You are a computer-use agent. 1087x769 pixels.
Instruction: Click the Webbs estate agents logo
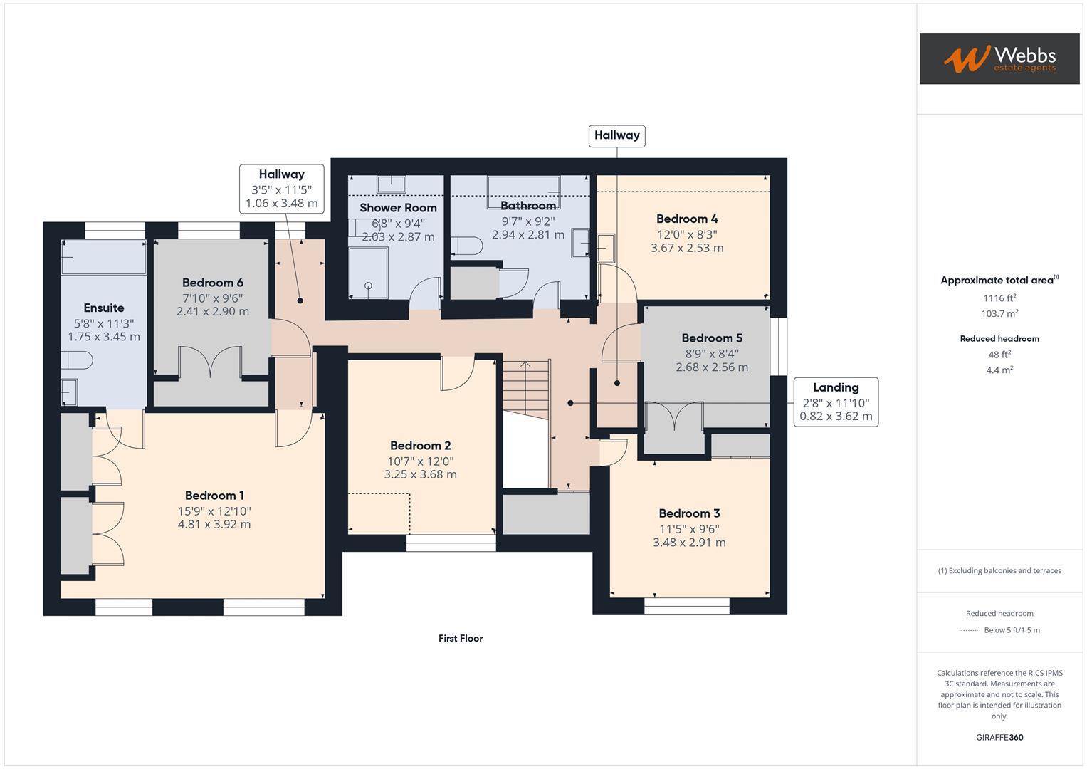999,58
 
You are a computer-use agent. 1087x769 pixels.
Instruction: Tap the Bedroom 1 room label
214,496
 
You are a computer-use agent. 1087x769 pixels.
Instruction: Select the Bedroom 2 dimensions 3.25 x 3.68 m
420,474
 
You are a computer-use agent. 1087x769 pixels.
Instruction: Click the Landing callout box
836,402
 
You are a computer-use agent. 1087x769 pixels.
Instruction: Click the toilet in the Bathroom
467,246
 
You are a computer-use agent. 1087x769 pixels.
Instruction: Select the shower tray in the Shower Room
368,273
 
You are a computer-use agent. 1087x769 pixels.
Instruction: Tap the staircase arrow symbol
525,365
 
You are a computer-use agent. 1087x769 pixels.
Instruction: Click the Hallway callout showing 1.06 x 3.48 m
281,189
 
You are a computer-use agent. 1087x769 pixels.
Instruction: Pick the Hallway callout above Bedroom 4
616,135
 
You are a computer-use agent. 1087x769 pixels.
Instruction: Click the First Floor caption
461,639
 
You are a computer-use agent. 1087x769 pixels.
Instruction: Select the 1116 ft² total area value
999,298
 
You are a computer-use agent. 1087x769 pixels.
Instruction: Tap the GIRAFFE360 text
999,737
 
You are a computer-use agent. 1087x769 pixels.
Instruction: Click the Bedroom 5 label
712,338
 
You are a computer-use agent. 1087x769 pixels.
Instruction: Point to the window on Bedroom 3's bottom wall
686,606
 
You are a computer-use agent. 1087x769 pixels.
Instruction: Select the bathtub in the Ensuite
104,257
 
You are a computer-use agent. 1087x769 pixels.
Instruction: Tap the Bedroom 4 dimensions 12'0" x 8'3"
687,234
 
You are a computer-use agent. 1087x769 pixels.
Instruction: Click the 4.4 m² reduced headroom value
999,370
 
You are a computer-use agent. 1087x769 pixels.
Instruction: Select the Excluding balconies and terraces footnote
999,570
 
